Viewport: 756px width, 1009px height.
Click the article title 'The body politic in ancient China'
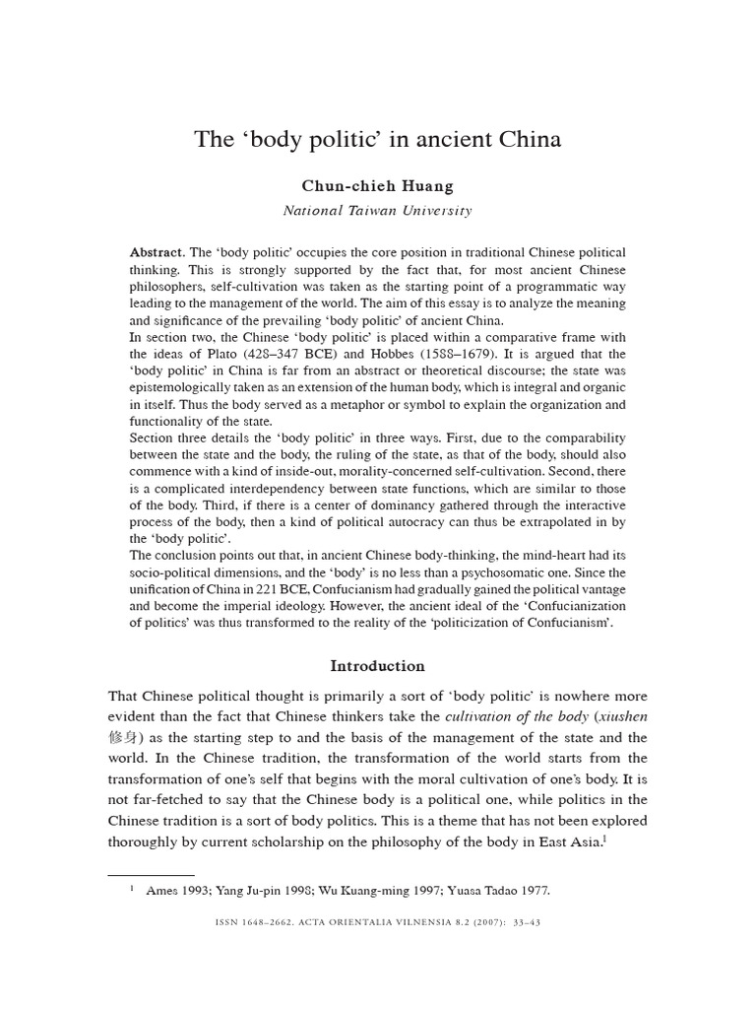click(x=378, y=139)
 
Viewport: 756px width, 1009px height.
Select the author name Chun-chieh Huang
click(x=378, y=185)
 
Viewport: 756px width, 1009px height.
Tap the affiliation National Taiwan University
click(x=378, y=210)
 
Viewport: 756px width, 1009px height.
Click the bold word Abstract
click(x=157, y=253)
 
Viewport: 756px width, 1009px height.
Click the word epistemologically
click(x=181, y=387)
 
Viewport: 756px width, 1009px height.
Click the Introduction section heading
click(x=377, y=666)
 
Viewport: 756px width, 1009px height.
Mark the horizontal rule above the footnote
click(x=152, y=874)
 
